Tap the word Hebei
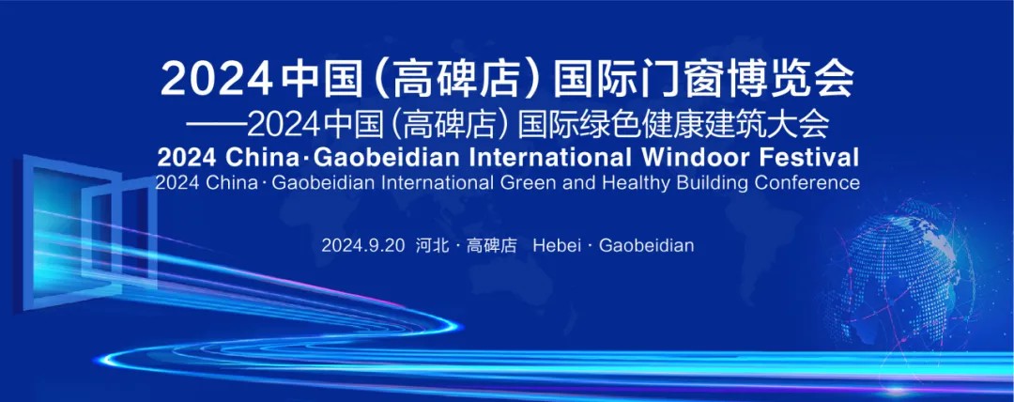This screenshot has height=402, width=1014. click(556, 245)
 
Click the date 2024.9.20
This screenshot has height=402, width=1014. click(362, 245)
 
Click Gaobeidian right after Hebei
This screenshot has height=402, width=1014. click(647, 245)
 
